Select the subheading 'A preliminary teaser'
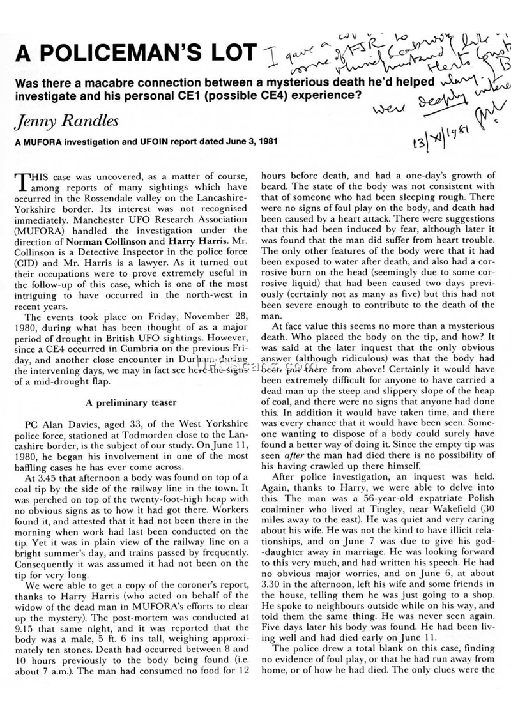click(x=128, y=402)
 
